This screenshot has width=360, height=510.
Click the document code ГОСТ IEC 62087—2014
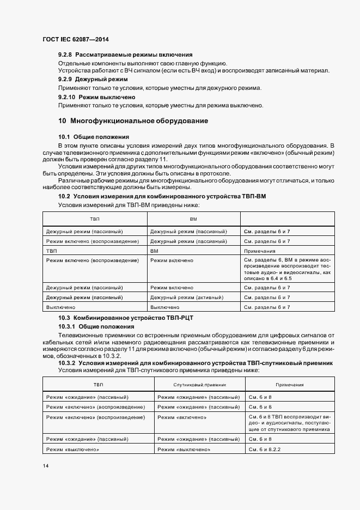coord(76,40)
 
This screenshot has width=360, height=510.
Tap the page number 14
coord(46,466)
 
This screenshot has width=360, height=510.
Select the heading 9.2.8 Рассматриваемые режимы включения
coord(125,55)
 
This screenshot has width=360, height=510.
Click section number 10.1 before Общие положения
coord(64,137)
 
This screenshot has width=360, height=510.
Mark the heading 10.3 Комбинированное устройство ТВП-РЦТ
coord(126,317)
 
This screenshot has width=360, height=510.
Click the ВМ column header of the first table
coord(193,218)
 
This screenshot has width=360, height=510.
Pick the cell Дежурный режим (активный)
coord(187,297)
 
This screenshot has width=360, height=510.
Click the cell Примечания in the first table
coord(260,251)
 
